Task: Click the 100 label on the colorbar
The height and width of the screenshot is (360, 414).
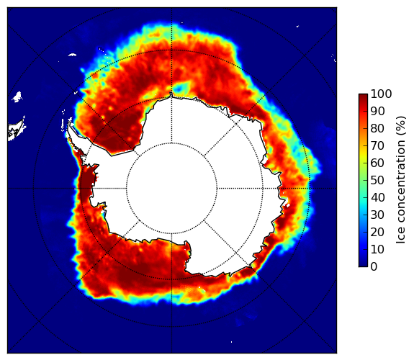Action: click(x=381, y=94)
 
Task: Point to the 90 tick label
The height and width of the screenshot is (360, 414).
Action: click(x=377, y=111)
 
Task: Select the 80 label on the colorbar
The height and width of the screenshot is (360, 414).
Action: click(x=377, y=129)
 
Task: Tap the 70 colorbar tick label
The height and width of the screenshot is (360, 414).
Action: click(x=377, y=145)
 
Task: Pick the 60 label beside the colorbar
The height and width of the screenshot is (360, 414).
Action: click(x=377, y=163)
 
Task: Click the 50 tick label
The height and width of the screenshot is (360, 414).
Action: click(x=377, y=181)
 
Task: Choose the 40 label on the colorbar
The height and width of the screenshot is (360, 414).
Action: click(x=377, y=197)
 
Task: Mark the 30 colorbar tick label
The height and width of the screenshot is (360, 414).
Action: click(x=377, y=215)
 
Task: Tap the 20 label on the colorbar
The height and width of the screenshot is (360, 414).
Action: click(x=377, y=232)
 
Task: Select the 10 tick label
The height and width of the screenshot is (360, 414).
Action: click(x=377, y=249)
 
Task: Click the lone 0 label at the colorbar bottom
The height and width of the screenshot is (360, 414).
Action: click(x=374, y=267)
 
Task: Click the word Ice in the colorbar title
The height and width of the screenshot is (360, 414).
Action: click(x=400, y=235)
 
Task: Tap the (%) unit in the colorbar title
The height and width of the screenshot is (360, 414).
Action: click(x=400, y=126)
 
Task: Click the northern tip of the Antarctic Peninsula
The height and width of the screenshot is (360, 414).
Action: click(x=69, y=123)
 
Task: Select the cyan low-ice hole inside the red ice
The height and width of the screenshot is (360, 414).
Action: click(x=183, y=87)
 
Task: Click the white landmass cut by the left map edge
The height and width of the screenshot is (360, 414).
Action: click(x=16, y=130)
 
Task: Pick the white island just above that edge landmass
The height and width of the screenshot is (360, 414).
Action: click(x=17, y=96)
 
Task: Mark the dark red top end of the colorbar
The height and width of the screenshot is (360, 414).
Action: click(x=363, y=95)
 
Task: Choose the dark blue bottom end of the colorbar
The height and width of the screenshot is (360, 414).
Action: click(x=363, y=265)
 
